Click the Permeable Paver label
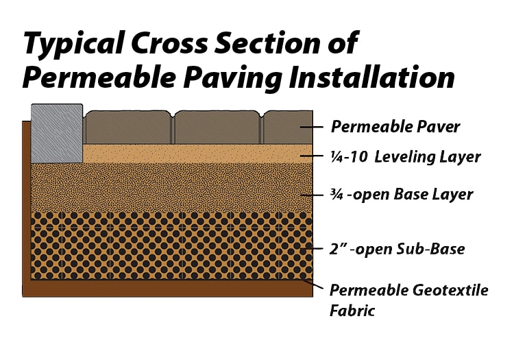[x=395, y=127]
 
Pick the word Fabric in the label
[x=352, y=311]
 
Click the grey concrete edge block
[x=57, y=133]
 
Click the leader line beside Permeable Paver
[x=311, y=128]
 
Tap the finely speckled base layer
[x=171, y=187]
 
